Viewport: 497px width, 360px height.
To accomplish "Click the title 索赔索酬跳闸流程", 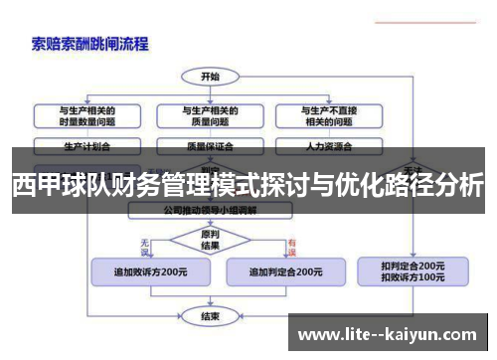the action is pyautogui.click(x=90, y=44).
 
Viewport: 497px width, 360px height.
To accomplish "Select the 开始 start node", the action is pyautogui.click(x=210, y=75).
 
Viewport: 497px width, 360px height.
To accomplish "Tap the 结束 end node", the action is pyautogui.click(x=210, y=316).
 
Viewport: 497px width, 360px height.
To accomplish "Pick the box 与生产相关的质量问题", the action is pyautogui.click(x=210, y=115).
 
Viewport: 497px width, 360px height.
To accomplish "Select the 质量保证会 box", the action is pyautogui.click(x=210, y=145).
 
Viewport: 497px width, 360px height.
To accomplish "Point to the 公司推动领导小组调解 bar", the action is pyautogui.click(x=210, y=211).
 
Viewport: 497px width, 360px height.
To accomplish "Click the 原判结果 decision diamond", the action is pyautogui.click(x=210, y=240).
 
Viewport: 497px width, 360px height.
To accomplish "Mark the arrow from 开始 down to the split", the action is pyautogui.click(x=210, y=91).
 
